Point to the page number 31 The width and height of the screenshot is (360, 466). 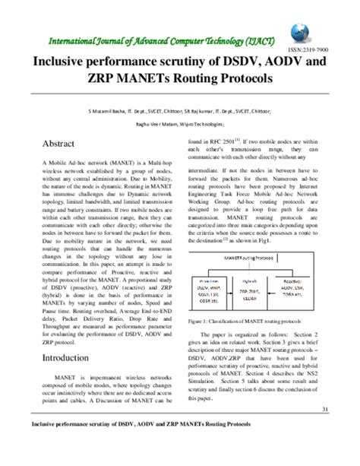pos(324,411)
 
